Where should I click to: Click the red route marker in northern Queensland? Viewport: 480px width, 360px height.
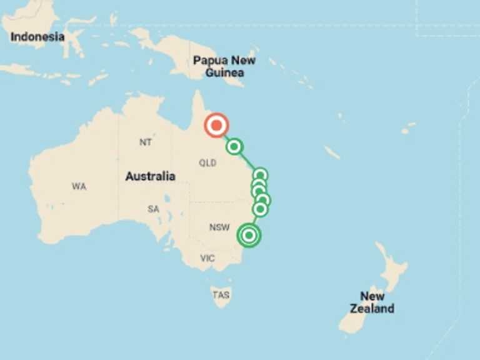[x=216, y=126]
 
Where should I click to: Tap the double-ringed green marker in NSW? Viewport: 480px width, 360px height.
[x=249, y=235]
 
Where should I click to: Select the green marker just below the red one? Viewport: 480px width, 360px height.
[x=234, y=147]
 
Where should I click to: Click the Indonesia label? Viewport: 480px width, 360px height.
[x=37, y=37]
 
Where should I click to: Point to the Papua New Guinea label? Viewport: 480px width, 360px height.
[x=224, y=67]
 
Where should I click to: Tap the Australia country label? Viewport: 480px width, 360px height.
[x=150, y=176]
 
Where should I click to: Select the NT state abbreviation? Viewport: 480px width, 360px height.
[x=146, y=142]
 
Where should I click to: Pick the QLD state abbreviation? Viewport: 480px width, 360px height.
[x=207, y=163]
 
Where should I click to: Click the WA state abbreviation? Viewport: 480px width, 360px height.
[x=79, y=186]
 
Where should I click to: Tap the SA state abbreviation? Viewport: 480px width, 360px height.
[x=153, y=209]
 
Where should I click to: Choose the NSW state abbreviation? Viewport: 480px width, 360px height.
[x=219, y=227]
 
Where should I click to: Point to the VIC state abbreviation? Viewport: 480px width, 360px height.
[x=207, y=258]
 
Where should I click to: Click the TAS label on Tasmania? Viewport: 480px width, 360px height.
[x=221, y=295]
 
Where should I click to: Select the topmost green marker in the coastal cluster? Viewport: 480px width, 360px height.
[x=260, y=175]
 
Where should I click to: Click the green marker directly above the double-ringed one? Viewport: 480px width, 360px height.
[x=260, y=209]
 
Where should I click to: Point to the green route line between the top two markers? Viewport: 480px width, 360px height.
[x=226, y=136]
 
